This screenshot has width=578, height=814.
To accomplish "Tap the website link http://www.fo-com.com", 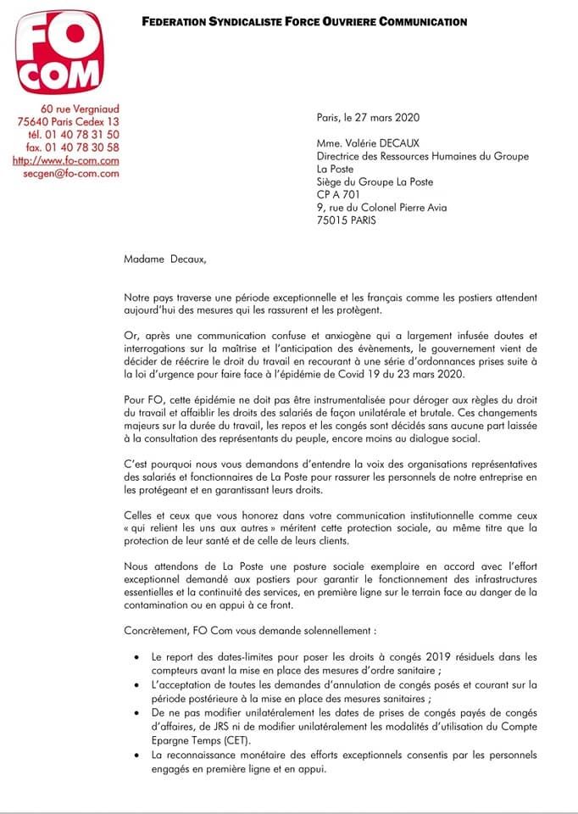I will pyautogui.click(x=65, y=159).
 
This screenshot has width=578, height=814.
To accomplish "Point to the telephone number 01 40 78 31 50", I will pyautogui.click(x=74, y=134).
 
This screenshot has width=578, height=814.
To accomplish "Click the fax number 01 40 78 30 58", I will pyautogui.click(x=74, y=147).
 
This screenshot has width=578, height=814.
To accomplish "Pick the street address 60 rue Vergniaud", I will pyautogui.click(x=79, y=109).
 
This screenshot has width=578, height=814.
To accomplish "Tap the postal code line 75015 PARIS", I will pyautogui.click(x=347, y=220).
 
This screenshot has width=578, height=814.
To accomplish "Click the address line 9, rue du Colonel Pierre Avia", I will pyautogui.click(x=381, y=208).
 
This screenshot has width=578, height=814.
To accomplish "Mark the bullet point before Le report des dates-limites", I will pyautogui.click(x=137, y=657).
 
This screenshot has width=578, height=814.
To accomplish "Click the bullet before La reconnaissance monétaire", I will pyautogui.click(x=137, y=755).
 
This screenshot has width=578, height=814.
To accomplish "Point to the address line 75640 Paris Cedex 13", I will pyautogui.click(x=68, y=121).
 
